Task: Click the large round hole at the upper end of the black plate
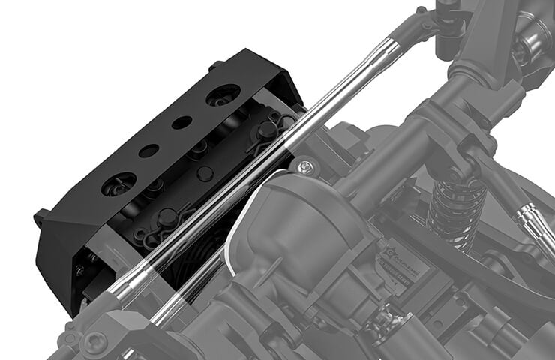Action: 223,94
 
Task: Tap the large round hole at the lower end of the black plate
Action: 118,183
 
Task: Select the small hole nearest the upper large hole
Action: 181,122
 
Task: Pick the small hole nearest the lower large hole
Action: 148,151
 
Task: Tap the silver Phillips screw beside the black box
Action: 304,166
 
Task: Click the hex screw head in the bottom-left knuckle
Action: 94,343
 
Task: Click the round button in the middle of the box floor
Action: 205,174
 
